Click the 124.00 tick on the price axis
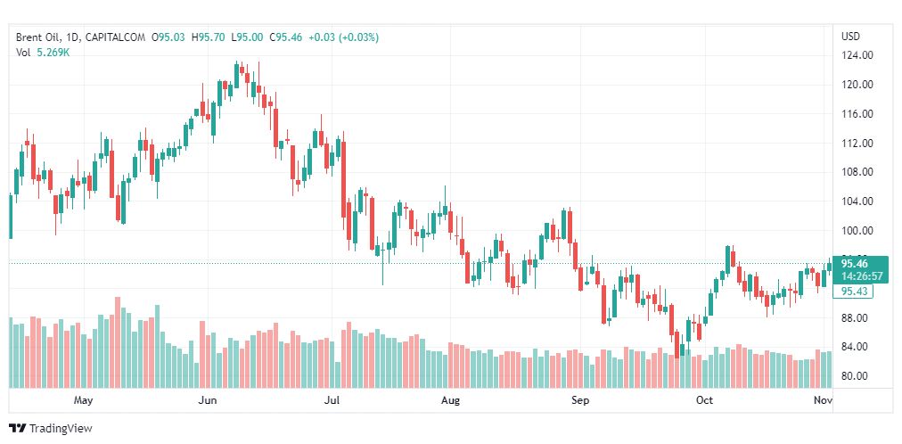click(x=857, y=56)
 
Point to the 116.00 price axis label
click(x=857, y=114)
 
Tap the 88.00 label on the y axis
click(x=859, y=317)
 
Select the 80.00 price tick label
click(x=859, y=375)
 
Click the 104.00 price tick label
click(x=857, y=201)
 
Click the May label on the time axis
click(x=83, y=400)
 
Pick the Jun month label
click(x=207, y=400)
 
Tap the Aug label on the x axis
click(x=450, y=400)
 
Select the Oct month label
click(x=704, y=400)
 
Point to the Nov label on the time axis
click(x=824, y=400)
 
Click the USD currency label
click(x=851, y=37)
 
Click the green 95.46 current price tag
click(x=855, y=264)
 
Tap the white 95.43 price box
click(x=854, y=292)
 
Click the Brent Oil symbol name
click(x=37, y=37)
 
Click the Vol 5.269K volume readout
click(x=43, y=53)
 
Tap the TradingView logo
click(x=51, y=429)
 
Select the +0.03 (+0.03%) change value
click(x=343, y=37)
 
